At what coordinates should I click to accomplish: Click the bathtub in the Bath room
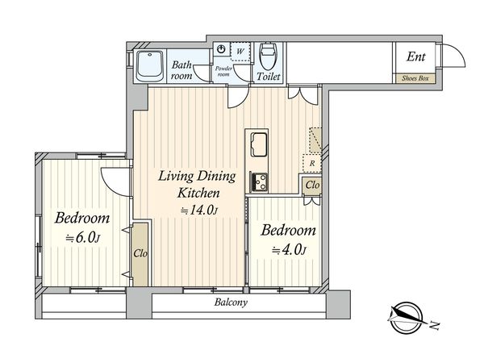(x=150, y=66)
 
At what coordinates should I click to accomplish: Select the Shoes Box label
(x=415, y=78)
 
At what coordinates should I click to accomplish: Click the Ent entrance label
(x=415, y=56)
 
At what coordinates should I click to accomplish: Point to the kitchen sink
(x=259, y=144)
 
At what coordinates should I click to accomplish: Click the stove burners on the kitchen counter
(x=258, y=182)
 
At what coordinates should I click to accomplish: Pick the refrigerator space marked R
(x=312, y=163)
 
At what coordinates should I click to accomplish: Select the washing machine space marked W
(x=240, y=52)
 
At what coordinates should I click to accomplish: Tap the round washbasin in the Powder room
(x=221, y=49)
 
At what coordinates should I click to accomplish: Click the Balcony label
(x=231, y=302)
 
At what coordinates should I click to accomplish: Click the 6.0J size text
(x=82, y=238)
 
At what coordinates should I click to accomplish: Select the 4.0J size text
(x=289, y=251)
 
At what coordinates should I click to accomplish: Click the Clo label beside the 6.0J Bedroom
(x=140, y=254)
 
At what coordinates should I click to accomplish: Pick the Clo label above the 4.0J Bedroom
(x=312, y=186)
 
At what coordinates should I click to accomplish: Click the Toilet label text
(x=269, y=77)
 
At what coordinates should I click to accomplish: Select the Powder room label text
(x=223, y=71)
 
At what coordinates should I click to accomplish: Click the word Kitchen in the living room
(x=198, y=194)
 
